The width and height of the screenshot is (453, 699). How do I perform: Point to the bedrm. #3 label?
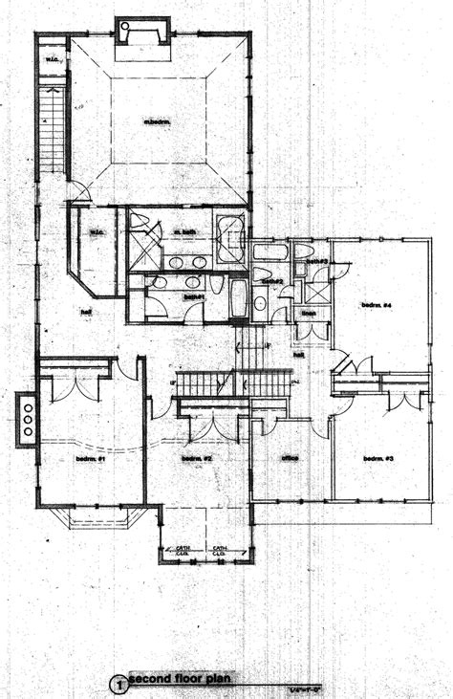pyautogui.click(x=378, y=459)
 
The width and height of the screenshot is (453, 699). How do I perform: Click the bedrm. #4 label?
pyautogui.click(x=377, y=305)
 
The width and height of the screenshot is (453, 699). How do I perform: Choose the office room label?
pyautogui.click(x=290, y=458)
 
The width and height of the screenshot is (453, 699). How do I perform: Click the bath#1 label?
pyautogui.click(x=195, y=297)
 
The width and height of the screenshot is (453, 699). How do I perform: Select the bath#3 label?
pyautogui.click(x=317, y=260)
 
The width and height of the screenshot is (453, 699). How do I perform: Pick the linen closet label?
pyautogui.click(x=309, y=313)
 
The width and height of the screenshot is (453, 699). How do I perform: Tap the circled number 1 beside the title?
pyautogui.click(x=119, y=684)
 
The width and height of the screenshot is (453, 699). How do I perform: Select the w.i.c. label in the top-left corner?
pyautogui.click(x=52, y=62)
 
